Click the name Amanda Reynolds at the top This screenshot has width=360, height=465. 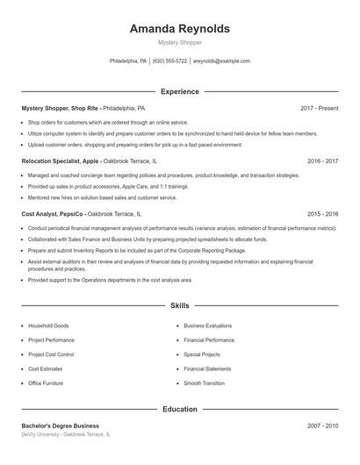179,29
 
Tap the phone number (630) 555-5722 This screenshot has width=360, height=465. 169,61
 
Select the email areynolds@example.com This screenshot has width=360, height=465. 221,61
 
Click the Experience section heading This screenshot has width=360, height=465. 179,91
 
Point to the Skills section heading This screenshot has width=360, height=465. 179,306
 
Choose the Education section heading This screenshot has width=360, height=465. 179,409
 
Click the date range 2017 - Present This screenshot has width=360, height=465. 319,108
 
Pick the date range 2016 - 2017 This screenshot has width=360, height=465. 322,161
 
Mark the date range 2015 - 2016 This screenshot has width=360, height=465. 322,214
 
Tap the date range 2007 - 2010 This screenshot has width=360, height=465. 322,426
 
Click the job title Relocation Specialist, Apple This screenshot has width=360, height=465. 61,161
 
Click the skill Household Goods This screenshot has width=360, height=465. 48,325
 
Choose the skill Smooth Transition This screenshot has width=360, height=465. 205,383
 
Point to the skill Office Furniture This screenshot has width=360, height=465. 46,383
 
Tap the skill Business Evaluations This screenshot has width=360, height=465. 208,325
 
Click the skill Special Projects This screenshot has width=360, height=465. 202,354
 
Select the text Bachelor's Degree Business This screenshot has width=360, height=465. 61,426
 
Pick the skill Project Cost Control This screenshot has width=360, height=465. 51,354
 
